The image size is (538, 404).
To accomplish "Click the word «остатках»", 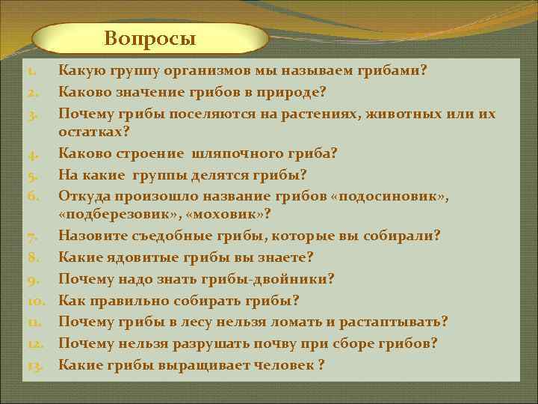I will [x=91, y=132].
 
